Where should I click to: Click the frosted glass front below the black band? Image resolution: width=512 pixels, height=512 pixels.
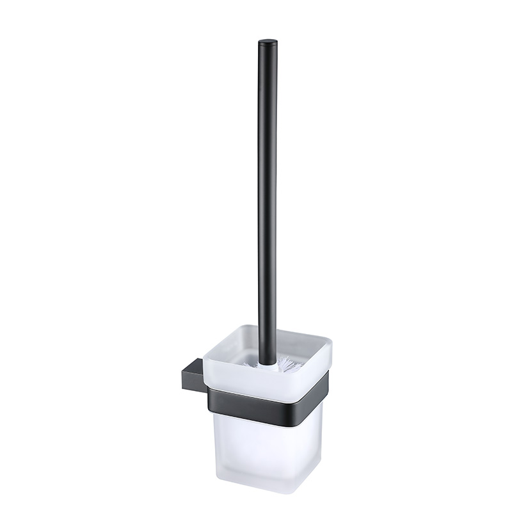(x=259, y=448)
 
